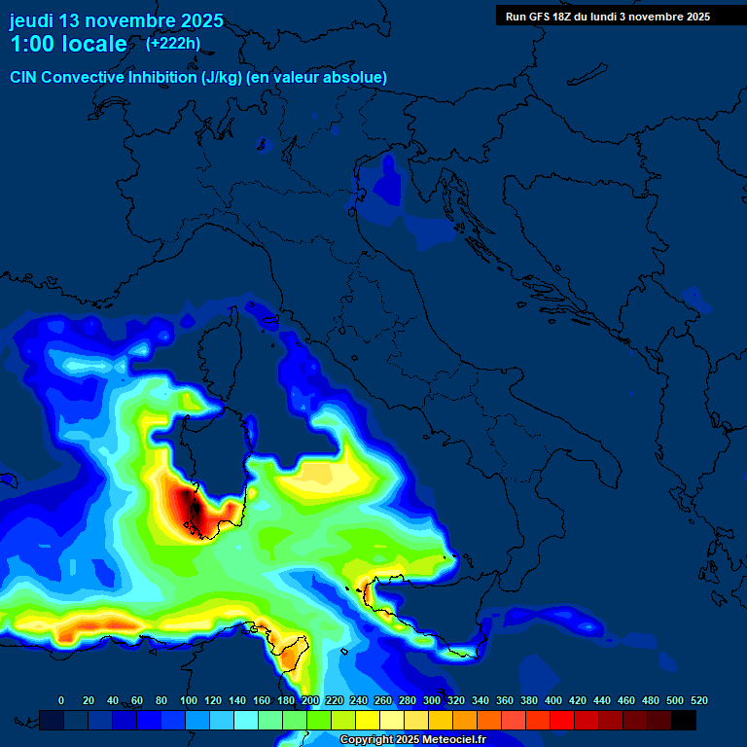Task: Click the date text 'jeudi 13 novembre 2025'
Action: tap(116, 20)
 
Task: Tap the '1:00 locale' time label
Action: tap(68, 44)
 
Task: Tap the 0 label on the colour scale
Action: tap(61, 700)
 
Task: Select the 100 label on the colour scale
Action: tap(189, 700)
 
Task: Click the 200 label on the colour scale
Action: tap(310, 700)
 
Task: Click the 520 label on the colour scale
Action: tap(698, 700)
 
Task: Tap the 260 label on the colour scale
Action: tap(383, 700)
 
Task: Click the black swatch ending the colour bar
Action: tap(684, 720)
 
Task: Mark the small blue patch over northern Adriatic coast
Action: tap(390, 180)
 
